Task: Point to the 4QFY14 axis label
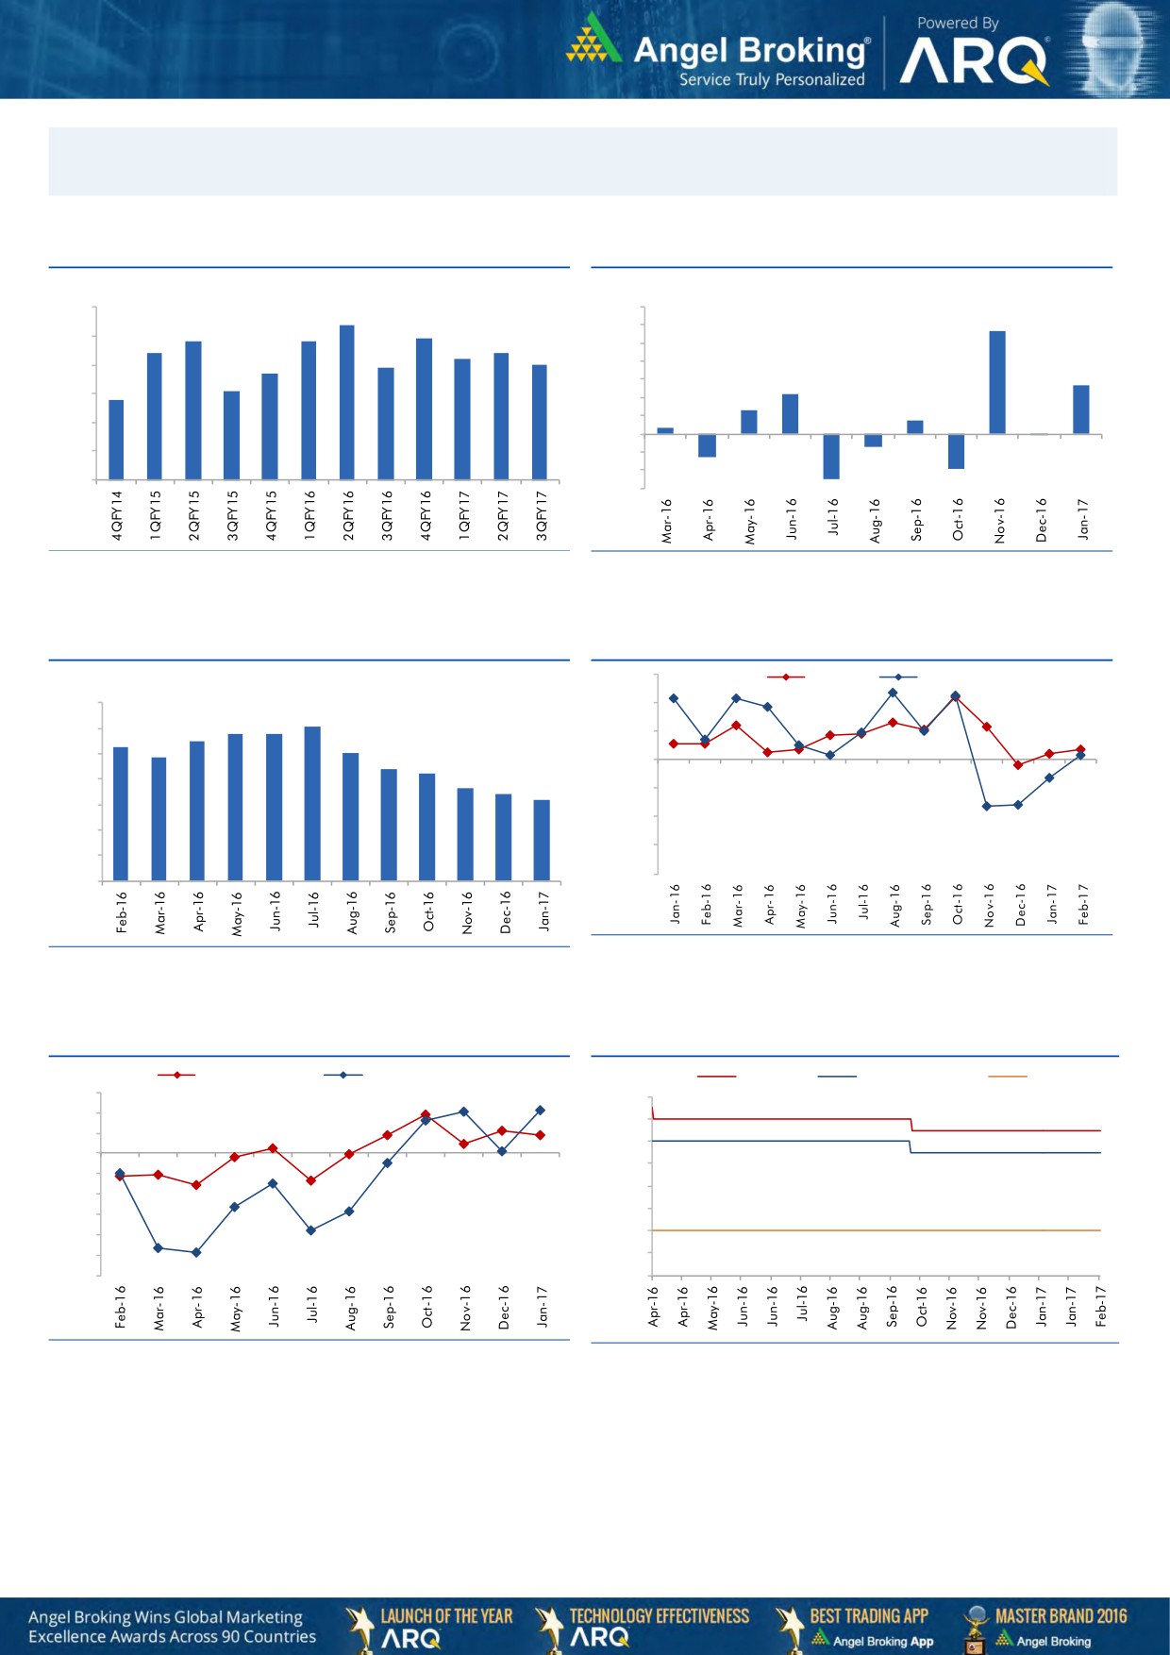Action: tap(117, 515)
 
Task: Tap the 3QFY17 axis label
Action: tap(542, 515)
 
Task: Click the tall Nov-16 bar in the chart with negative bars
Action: tap(997, 382)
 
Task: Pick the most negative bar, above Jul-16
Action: tap(831, 457)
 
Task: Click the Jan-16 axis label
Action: tap(675, 903)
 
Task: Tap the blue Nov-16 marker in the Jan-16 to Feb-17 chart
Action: tap(987, 806)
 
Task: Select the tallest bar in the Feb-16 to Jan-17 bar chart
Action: tap(312, 803)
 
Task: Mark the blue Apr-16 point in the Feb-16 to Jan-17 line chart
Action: tap(196, 1252)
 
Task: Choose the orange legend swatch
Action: tap(1007, 1077)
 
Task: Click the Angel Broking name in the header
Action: tap(750, 50)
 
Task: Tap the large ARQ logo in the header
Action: tap(973, 62)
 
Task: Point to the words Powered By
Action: tap(958, 23)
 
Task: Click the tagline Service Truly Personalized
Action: tap(772, 80)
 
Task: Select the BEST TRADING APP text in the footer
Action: tap(869, 1615)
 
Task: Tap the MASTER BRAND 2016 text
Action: tap(1061, 1615)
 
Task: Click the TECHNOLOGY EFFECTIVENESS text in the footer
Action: tap(659, 1615)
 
